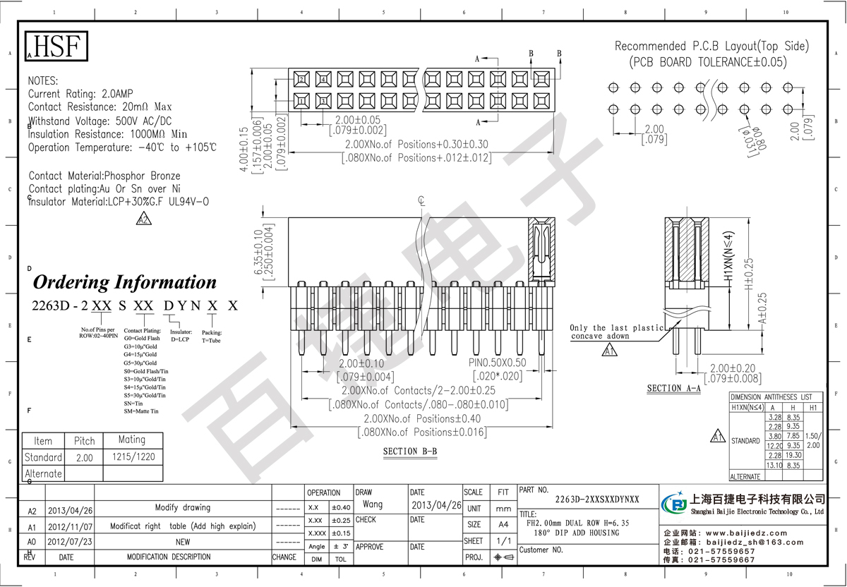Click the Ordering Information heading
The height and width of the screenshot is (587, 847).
[x=125, y=282]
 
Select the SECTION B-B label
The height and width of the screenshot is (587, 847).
[x=410, y=452]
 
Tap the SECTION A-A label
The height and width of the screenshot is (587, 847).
[x=673, y=389]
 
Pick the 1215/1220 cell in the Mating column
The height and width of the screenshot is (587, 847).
[x=133, y=457]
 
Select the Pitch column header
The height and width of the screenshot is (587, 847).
[x=84, y=441]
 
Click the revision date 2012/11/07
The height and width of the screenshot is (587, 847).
[x=70, y=526]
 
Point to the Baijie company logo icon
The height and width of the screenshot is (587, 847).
[x=677, y=505]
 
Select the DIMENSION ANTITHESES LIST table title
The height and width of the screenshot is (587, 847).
[x=776, y=397]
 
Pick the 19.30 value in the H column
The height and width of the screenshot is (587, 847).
[x=793, y=456]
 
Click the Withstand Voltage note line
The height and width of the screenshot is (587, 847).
[x=100, y=121]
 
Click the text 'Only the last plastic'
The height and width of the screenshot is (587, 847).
[x=618, y=328]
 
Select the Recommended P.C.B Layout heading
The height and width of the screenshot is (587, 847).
[x=711, y=47]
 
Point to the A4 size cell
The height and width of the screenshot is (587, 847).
[x=503, y=524]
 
